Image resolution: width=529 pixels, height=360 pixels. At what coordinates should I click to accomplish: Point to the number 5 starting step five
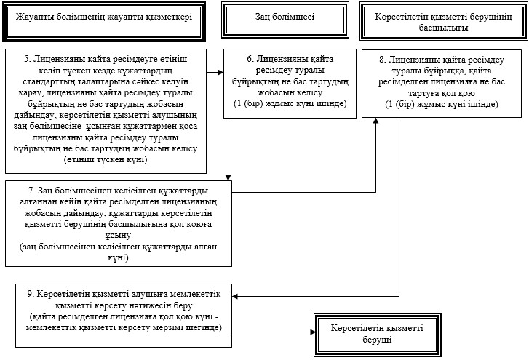(x=27, y=59)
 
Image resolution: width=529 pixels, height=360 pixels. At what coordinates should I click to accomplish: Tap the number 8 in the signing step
(x=382, y=60)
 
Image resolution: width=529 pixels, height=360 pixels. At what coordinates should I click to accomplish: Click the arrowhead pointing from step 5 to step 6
(x=220, y=72)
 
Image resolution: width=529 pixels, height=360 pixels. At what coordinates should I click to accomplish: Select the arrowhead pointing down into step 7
(x=228, y=177)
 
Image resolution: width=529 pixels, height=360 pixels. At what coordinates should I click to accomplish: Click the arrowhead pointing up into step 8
(x=376, y=121)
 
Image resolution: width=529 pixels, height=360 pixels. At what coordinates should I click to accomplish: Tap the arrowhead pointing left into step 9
(x=235, y=296)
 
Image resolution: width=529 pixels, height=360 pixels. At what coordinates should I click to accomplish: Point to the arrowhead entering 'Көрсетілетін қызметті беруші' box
(x=312, y=332)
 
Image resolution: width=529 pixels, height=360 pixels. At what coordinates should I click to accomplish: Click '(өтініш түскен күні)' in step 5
(x=106, y=159)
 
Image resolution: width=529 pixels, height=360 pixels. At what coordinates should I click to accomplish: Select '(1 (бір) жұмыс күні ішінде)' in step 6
(x=290, y=103)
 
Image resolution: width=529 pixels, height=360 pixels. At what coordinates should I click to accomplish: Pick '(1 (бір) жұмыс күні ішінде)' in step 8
(x=442, y=104)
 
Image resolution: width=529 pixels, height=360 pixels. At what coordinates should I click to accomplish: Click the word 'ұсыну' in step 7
(x=118, y=235)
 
